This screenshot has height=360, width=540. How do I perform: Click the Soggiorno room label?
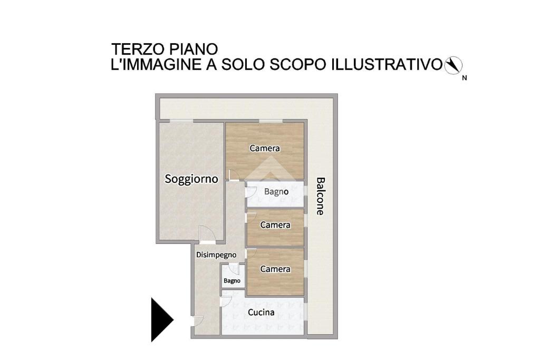191,179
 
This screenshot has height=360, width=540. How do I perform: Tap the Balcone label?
321,196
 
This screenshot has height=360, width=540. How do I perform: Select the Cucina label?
262,312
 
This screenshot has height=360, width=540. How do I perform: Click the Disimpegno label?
216,255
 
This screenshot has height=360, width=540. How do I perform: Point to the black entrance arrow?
162,320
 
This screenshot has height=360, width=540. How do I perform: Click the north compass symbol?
453,65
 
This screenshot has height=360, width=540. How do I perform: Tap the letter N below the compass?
464,78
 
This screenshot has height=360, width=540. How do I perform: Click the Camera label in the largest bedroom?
265,148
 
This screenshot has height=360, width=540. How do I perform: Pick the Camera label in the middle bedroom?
275,225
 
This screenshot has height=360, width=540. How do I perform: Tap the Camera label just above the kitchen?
275,269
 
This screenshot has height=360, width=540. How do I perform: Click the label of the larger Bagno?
276,192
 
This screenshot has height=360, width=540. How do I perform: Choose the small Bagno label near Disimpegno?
232,281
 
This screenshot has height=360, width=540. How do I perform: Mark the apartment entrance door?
197,321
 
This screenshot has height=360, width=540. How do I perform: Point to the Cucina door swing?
226,301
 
